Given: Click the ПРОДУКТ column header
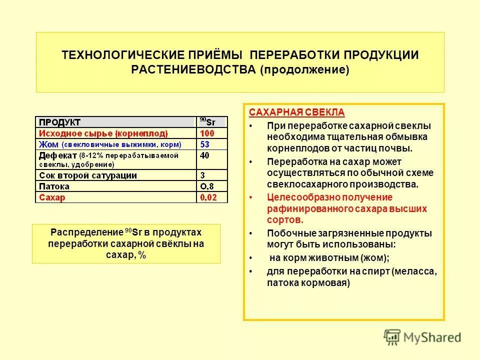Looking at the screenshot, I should [60, 122].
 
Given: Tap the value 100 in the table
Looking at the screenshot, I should [207, 133].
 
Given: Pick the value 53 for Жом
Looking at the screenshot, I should [204, 144].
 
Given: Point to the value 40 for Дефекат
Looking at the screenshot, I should [204, 155].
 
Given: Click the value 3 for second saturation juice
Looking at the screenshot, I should [202, 175].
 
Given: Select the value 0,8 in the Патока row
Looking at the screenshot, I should [207, 186].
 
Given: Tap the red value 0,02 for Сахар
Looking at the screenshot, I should [209, 197].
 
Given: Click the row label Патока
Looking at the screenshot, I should [54, 186].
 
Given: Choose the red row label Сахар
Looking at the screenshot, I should [52, 197].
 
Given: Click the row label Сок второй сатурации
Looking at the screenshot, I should [87, 175].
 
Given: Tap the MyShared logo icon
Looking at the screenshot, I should [393, 336].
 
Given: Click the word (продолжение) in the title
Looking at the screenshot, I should [304, 69].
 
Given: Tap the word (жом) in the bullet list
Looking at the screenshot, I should [374, 258].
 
